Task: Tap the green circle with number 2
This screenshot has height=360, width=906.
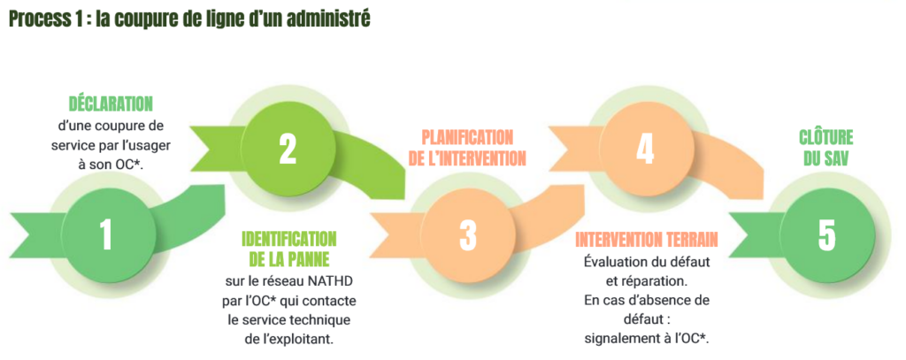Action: pos(288,149)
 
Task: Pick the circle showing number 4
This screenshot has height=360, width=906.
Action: pos(645,149)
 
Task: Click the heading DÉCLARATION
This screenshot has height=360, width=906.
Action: pos(111,104)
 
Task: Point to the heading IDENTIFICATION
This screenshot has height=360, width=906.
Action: pos(288,239)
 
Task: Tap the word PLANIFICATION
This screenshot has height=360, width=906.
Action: pos(467,137)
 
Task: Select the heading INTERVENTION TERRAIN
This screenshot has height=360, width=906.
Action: pos(647,239)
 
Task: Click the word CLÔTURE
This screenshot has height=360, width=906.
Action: pos(826,137)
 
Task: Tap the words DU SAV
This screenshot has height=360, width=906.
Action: pos(826,158)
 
